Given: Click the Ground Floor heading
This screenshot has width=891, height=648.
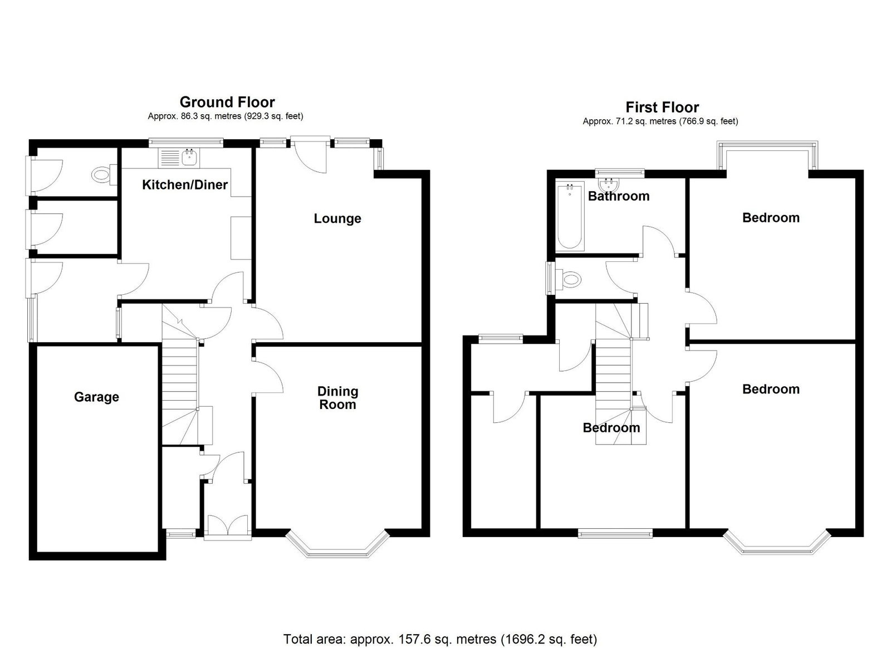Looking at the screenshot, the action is point(227,103).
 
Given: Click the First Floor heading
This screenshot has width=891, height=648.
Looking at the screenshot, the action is point(662,108).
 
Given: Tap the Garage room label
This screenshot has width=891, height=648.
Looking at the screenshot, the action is point(97,397).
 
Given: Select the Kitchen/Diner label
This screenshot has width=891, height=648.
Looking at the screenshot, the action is point(185,184).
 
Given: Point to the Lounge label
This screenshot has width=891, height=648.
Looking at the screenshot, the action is point(337,218).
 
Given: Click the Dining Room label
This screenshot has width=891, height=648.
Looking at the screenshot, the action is point(337,398).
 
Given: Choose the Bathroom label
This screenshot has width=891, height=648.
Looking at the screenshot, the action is point(619,196).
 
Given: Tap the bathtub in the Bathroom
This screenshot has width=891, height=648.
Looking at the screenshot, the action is point(570,216).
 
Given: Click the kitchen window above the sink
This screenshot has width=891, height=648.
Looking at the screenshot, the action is point(186,142).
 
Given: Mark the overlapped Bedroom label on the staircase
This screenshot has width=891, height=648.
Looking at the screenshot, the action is point(611,428).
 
